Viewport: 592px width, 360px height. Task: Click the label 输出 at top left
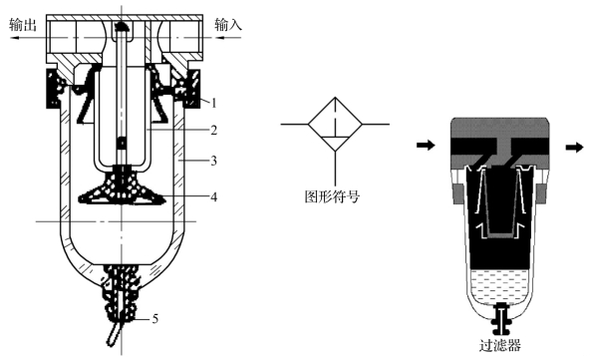coord(23,25)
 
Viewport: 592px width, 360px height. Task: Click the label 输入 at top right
coord(228,25)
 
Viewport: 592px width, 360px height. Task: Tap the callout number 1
coord(213,103)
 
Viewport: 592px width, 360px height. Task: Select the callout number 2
coord(213,131)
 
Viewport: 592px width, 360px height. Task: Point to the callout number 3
coord(213,161)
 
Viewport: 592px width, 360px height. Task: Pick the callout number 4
coord(213,196)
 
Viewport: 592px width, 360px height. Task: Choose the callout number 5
coord(155,319)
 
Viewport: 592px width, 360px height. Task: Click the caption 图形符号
coord(332,196)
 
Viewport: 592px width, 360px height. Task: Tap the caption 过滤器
coord(500,346)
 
